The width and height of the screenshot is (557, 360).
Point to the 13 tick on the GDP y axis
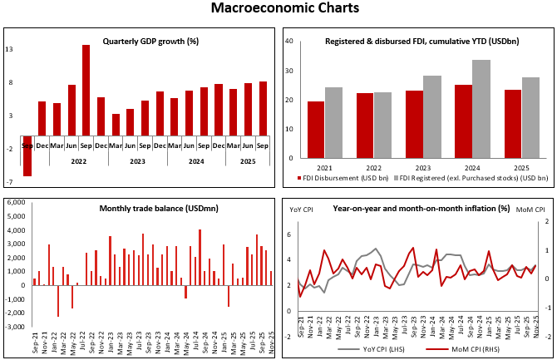(x=9, y=50)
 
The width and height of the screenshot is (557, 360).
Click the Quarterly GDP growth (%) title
(x=140, y=41)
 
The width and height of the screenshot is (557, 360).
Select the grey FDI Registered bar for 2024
(x=481, y=109)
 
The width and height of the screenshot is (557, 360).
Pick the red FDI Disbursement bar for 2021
(x=316, y=131)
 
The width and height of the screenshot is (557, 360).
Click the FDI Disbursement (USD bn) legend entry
(x=343, y=177)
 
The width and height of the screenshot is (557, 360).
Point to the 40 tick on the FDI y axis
(x=288, y=40)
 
